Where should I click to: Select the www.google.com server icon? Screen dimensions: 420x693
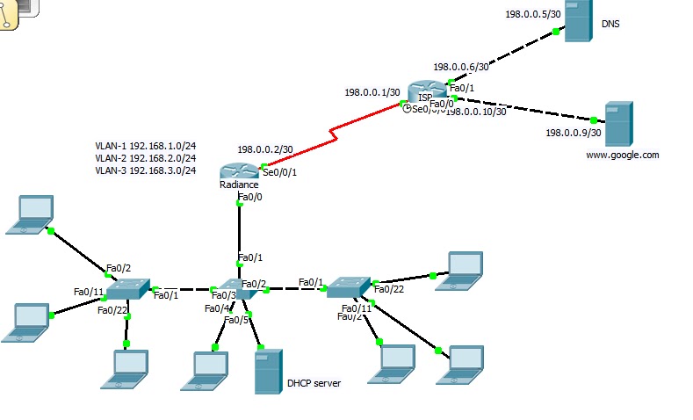618,124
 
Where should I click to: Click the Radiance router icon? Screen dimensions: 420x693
238,172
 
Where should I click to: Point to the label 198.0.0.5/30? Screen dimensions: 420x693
532,14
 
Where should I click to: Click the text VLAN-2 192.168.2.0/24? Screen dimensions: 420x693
145,158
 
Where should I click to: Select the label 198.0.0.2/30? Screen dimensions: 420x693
264,149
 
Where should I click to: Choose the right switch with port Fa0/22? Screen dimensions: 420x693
348,285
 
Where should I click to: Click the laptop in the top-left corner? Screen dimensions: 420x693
30,214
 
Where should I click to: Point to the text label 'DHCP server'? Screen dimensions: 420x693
314,383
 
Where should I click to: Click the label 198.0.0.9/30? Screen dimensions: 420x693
574,134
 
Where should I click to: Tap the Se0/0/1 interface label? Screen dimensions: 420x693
279,172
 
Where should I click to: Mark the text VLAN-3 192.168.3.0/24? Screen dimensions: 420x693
145,170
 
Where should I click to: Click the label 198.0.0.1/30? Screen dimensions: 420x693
372,92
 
